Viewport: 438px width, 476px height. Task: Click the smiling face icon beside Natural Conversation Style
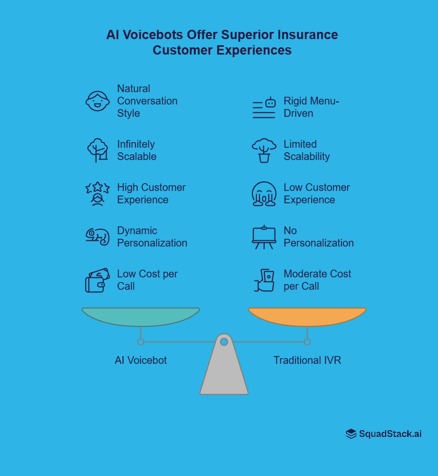(x=97, y=101)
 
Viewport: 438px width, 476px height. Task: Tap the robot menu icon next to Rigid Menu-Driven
(x=264, y=108)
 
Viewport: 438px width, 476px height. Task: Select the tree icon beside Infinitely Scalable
(x=97, y=150)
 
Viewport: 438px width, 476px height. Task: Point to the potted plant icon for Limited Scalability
(x=264, y=150)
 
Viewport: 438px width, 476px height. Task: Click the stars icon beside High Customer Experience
(x=97, y=193)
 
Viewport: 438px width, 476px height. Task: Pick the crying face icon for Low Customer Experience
(x=264, y=194)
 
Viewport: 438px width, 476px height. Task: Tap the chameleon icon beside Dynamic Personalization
(x=97, y=237)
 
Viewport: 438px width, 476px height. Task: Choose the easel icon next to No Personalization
(x=264, y=237)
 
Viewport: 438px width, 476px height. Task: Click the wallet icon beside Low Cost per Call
(x=97, y=280)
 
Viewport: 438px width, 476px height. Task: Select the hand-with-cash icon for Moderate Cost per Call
(x=265, y=280)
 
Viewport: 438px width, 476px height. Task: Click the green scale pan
(x=140, y=316)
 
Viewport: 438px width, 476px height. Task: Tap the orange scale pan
(x=307, y=316)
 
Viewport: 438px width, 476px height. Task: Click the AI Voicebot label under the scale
(x=140, y=360)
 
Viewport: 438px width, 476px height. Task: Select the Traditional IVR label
(x=307, y=360)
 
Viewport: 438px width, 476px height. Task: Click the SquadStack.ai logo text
(x=390, y=434)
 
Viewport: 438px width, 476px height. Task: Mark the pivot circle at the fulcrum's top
(x=224, y=342)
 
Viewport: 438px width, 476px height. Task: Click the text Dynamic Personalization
(x=152, y=237)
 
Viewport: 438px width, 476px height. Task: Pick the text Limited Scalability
(x=306, y=150)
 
